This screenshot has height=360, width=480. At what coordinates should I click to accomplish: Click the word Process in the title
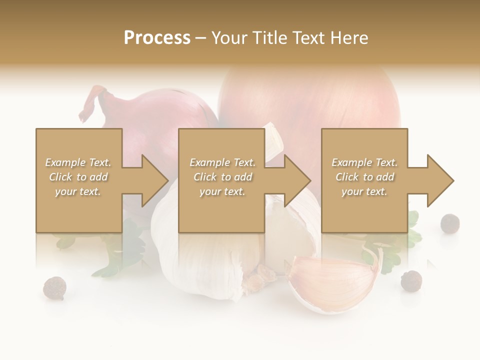point(157,38)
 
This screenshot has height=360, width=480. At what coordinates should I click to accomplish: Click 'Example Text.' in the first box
point(78,162)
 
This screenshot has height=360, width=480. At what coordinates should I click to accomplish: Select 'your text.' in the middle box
point(222,191)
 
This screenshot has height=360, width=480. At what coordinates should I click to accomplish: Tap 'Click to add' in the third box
point(364,177)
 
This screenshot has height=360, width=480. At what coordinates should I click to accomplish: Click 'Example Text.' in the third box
point(364,162)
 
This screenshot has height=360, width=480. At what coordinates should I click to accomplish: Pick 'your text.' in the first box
point(78,191)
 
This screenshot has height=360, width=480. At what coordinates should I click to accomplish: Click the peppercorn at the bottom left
point(54,288)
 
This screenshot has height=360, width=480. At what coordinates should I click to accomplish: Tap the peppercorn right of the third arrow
point(450,223)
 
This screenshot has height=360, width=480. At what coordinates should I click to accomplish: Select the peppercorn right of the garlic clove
point(411,280)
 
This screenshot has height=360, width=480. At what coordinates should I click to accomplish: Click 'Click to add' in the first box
point(78,177)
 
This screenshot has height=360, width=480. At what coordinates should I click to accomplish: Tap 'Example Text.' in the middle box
point(222,162)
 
